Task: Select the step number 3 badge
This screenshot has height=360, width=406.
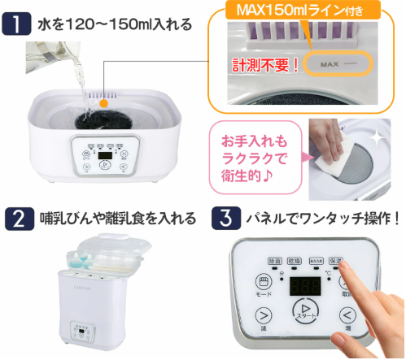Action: [223, 219]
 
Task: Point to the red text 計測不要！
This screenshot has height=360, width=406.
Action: [265, 63]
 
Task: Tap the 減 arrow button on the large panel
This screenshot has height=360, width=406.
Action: [263, 315]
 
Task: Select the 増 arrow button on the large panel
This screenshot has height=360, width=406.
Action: [347, 315]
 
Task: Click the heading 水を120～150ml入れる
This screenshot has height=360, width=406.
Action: [114, 24]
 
